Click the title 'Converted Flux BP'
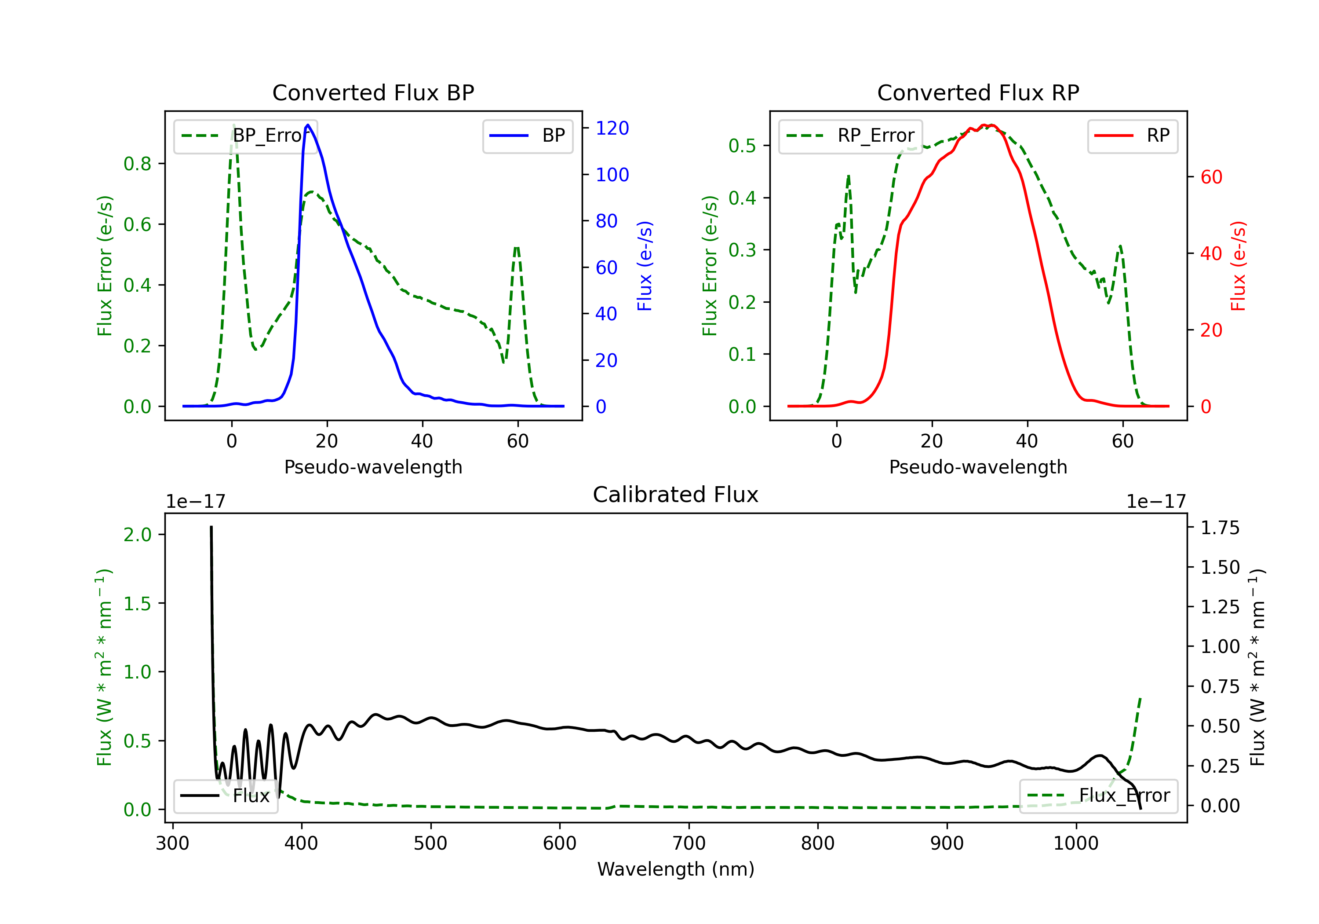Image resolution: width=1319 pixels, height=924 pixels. point(373,92)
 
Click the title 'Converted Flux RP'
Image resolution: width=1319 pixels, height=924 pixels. point(978,92)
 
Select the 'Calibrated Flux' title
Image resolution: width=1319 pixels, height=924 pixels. point(676,495)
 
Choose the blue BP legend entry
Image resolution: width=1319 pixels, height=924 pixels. point(527,136)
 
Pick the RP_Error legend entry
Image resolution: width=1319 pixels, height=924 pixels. point(850,136)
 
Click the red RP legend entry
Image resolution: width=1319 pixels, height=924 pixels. point(1132,136)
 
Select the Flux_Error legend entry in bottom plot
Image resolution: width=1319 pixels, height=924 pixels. point(1098,796)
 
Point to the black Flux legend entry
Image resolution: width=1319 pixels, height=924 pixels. point(225,796)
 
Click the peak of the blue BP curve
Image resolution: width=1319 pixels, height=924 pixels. point(308,125)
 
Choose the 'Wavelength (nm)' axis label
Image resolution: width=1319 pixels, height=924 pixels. point(676,869)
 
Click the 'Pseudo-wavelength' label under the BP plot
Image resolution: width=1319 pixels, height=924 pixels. point(373,467)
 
